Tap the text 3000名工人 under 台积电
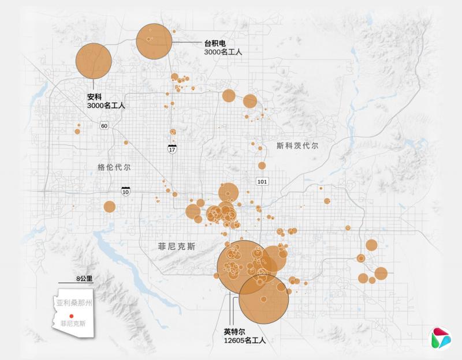point(223,52)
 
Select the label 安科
point(94,97)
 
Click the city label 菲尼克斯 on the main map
point(177,246)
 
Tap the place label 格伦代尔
point(114,167)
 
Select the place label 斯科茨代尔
point(297,146)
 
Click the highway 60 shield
point(104,126)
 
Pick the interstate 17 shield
point(172,149)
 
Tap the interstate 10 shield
point(125,190)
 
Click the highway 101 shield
point(262,181)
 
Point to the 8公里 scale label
point(84,278)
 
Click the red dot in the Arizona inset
point(71,316)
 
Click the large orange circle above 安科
point(94,61)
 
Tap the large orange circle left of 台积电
point(155,41)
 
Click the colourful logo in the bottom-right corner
point(441,337)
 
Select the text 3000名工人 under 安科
point(106,106)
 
